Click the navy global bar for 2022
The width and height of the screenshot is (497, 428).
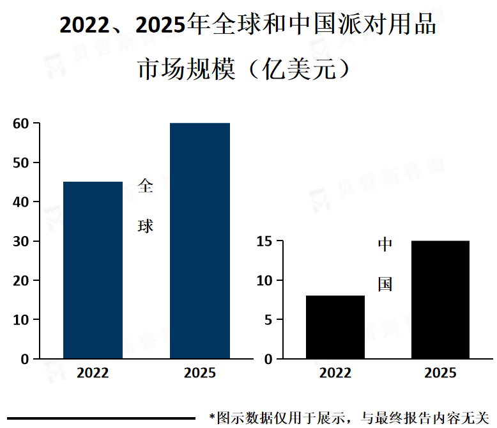pyautogui.click(x=93, y=270)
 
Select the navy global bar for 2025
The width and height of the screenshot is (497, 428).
pyautogui.click(x=200, y=241)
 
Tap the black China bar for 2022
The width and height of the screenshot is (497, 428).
pyautogui.click(x=335, y=327)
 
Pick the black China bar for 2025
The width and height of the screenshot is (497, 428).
pyautogui.click(x=440, y=299)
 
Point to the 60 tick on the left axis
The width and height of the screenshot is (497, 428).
pyautogui.click(x=21, y=123)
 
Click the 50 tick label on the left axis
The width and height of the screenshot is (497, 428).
pyautogui.click(x=21, y=162)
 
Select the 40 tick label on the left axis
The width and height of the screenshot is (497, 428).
pyautogui.click(x=21, y=202)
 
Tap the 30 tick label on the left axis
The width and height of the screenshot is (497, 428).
pyautogui.click(x=21, y=241)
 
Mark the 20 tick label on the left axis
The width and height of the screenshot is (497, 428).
pyautogui.click(x=21, y=281)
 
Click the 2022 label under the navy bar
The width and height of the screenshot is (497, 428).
pyautogui.click(x=93, y=373)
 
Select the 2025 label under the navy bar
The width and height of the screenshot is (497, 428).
pyautogui.click(x=200, y=373)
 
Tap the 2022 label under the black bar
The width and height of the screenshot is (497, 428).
pyautogui.click(x=335, y=373)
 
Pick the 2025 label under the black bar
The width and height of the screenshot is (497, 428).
pyautogui.click(x=440, y=373)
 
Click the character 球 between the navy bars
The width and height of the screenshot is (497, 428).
pyautogui.click(x=146, y=226)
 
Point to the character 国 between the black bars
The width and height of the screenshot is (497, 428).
pyautogui.click(x=385, y=284)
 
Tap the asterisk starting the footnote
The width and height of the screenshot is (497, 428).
pyautogui.click(x=212, y=417)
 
